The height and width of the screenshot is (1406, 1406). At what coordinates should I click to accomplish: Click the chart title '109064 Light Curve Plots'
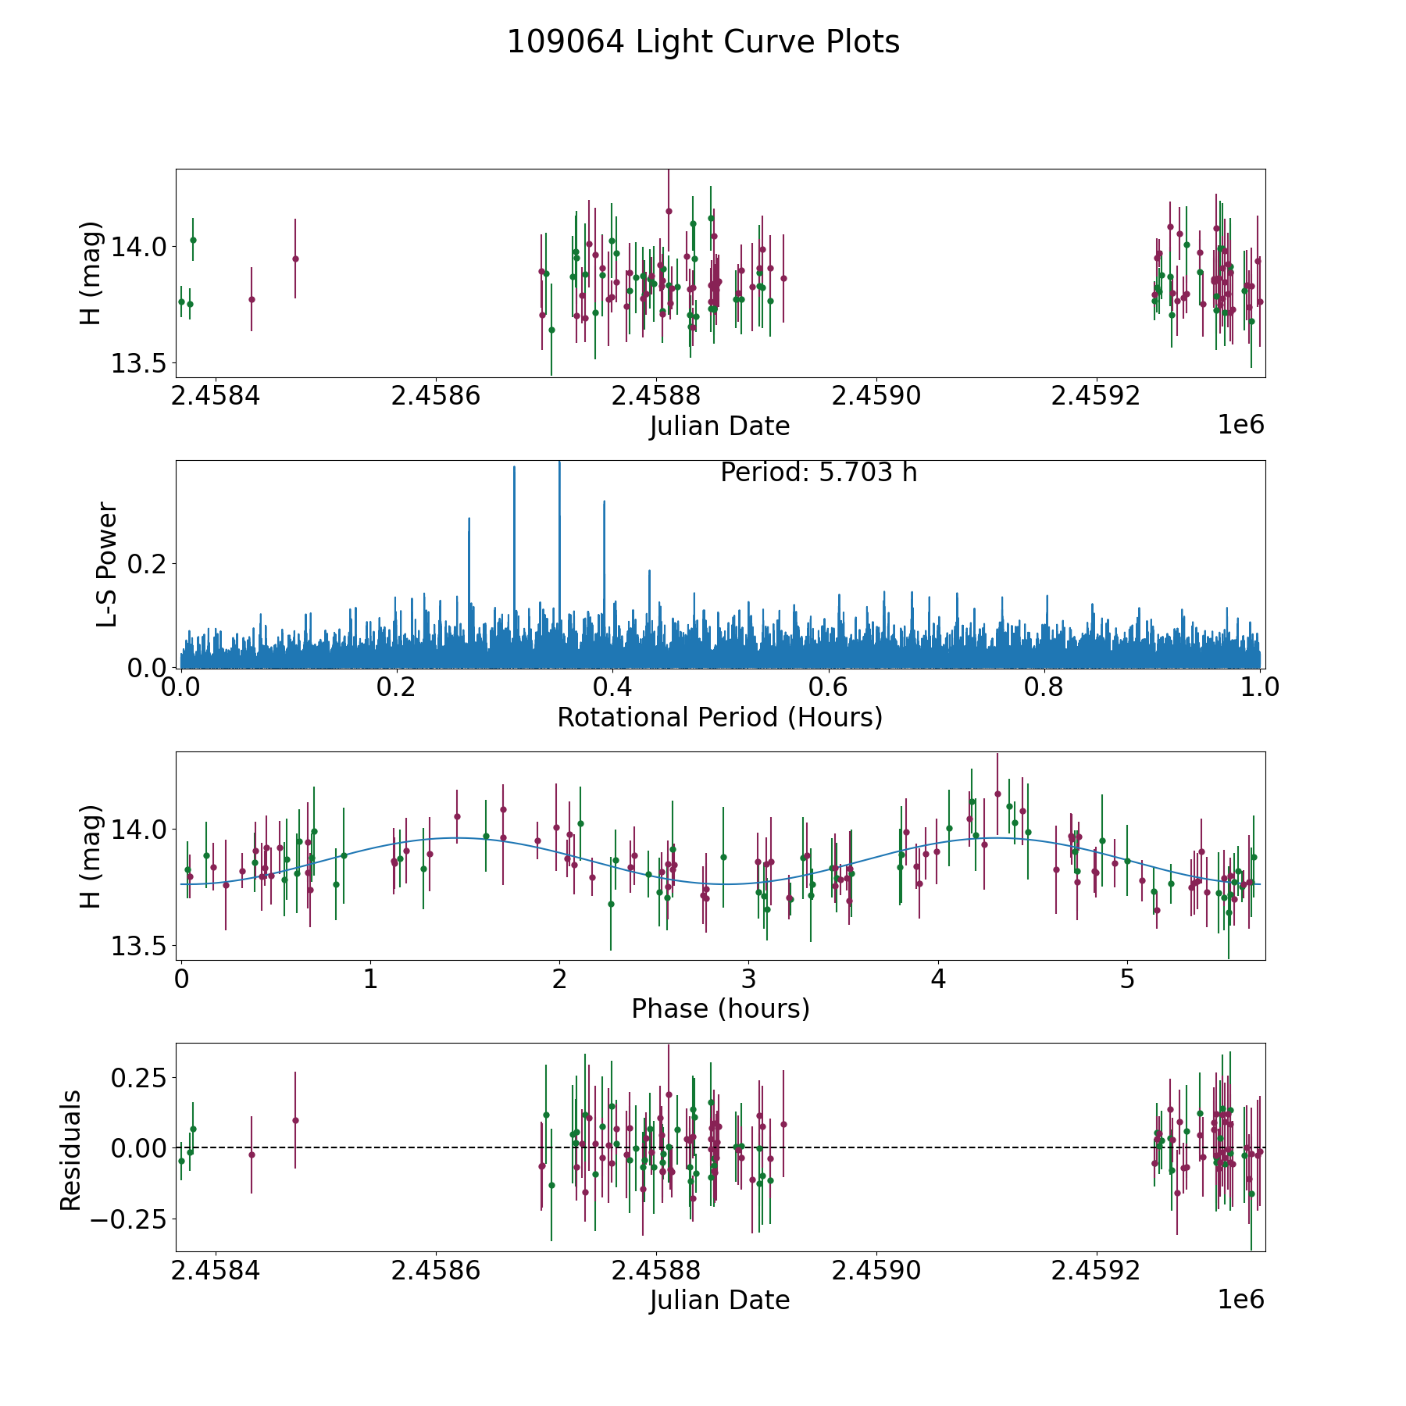click(703, 42)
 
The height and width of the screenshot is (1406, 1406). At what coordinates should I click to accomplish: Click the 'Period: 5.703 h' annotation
click(818, 473)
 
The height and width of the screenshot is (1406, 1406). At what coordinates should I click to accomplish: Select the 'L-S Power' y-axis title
click(107, 564)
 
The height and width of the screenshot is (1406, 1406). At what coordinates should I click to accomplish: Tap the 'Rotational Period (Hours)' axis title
click(719, 717)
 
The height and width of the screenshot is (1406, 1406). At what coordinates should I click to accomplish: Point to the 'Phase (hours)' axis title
click(720, 1008)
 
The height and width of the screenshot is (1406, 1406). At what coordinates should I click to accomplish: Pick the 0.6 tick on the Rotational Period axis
click(828, 687)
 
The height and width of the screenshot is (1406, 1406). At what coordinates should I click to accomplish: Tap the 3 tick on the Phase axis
click(748, 979)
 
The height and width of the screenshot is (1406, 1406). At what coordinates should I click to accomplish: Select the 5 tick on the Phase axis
click(1127, 979)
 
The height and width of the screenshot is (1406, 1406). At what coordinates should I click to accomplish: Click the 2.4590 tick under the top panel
click(876, 396)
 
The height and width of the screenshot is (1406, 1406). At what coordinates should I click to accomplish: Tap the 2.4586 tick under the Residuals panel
click(435, 1271)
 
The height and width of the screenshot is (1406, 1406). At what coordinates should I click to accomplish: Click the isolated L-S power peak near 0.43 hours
click(649, 572)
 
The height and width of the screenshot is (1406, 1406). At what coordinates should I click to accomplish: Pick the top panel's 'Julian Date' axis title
click(719, 426)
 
